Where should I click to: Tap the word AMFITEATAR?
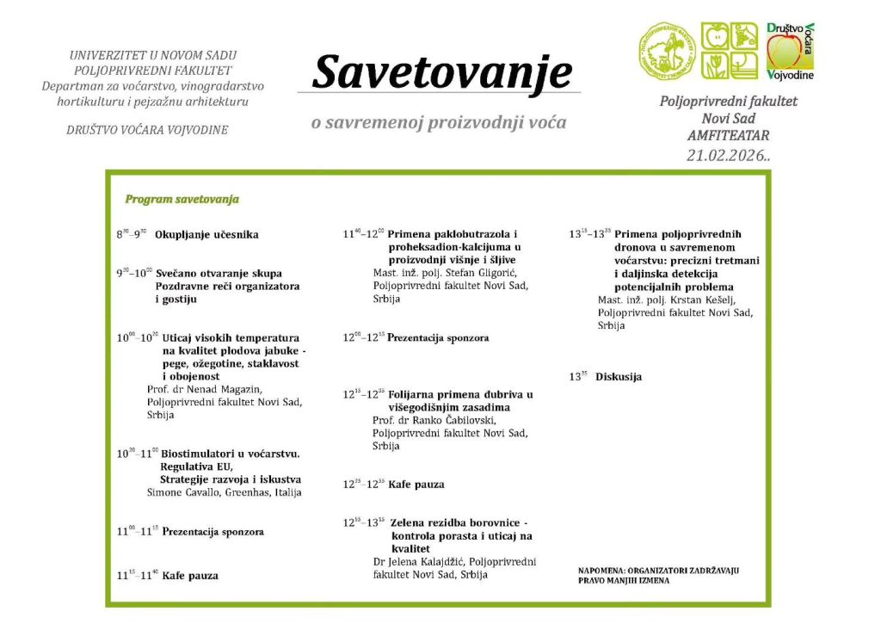728,136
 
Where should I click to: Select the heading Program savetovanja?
182,200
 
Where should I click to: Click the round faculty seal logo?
666,52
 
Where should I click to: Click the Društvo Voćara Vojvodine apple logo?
791,51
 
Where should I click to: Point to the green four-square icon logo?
730,51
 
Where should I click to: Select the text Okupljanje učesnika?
206,234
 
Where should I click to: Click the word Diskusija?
618,377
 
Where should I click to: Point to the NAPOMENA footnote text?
658,575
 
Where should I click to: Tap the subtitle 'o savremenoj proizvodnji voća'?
439,122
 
